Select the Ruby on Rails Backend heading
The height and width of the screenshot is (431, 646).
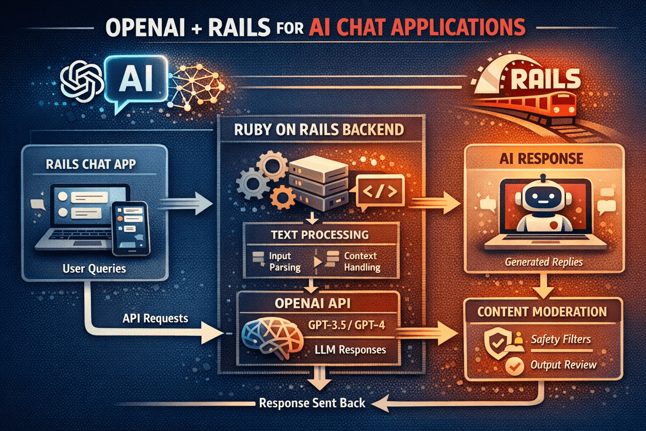pyautogui.click(x=319, y=130)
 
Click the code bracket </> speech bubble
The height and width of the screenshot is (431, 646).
pyautogui.click(x=380, y=192)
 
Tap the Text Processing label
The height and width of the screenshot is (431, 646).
pyautogui.click(x=320, y=235)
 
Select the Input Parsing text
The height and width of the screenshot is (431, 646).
pyautogui.click(x=285, y=261)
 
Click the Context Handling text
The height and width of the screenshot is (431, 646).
pyautogui.click(x=362, y=261)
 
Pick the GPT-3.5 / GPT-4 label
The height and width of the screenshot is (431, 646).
pyautogui.click(x=346, y=325)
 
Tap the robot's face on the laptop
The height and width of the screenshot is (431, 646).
pyautogui.click(x=543, y=198)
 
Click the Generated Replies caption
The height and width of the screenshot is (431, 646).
pyautogui.click(x=543, y=262)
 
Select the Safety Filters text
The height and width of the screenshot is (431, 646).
pyautogui.click(x=561, y=339)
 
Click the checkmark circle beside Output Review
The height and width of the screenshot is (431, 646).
pyautogui.click(x=514, y=365)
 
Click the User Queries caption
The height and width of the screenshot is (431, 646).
pyautogui.click(x=94, y=269)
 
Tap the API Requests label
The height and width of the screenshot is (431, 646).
pyautogui.click(x=155, y=318)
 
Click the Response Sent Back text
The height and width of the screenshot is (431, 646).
pyautogui.click(x=312, y=403)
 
